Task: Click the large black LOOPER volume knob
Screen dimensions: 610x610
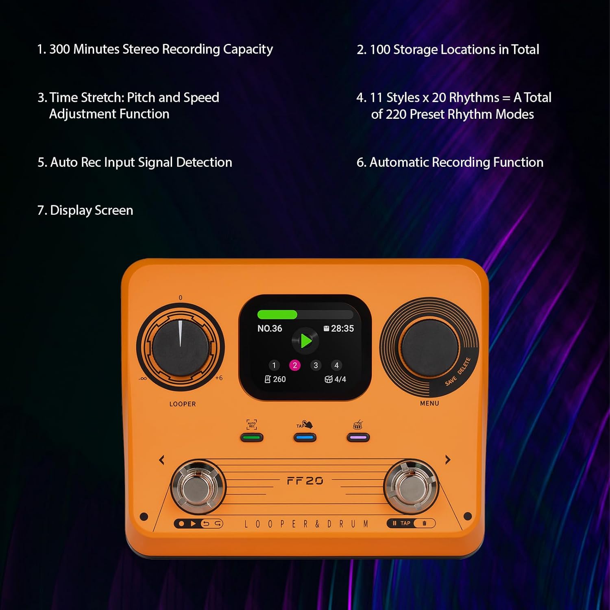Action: [x=180, y=346]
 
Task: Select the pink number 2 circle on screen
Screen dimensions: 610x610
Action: [x=295, y=365]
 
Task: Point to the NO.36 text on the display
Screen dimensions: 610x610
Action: [x=270, y=329]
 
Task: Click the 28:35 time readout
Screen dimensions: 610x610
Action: [x=342, y=329]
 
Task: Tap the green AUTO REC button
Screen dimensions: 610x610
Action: [x=252, y=438]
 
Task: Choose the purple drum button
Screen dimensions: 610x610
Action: [x=358, y=438]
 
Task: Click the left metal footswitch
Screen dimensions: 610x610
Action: [x=197, y=488]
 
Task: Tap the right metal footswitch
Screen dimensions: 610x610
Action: [x=411, y=487]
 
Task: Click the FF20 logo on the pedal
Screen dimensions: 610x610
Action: [x=305, y=481]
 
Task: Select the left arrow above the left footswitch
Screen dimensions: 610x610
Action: [x=162, y=460]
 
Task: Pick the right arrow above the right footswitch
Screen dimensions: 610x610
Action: [x=448, y=460]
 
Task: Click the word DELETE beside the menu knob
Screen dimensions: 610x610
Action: [x=464, y=366]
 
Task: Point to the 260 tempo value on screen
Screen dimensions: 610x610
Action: [x=279, y=379]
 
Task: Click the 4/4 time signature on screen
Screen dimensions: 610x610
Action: [x=340, y=379]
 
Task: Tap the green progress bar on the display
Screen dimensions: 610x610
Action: [x=277, y=315]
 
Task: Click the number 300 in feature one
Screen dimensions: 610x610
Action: [x=59, y=49]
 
